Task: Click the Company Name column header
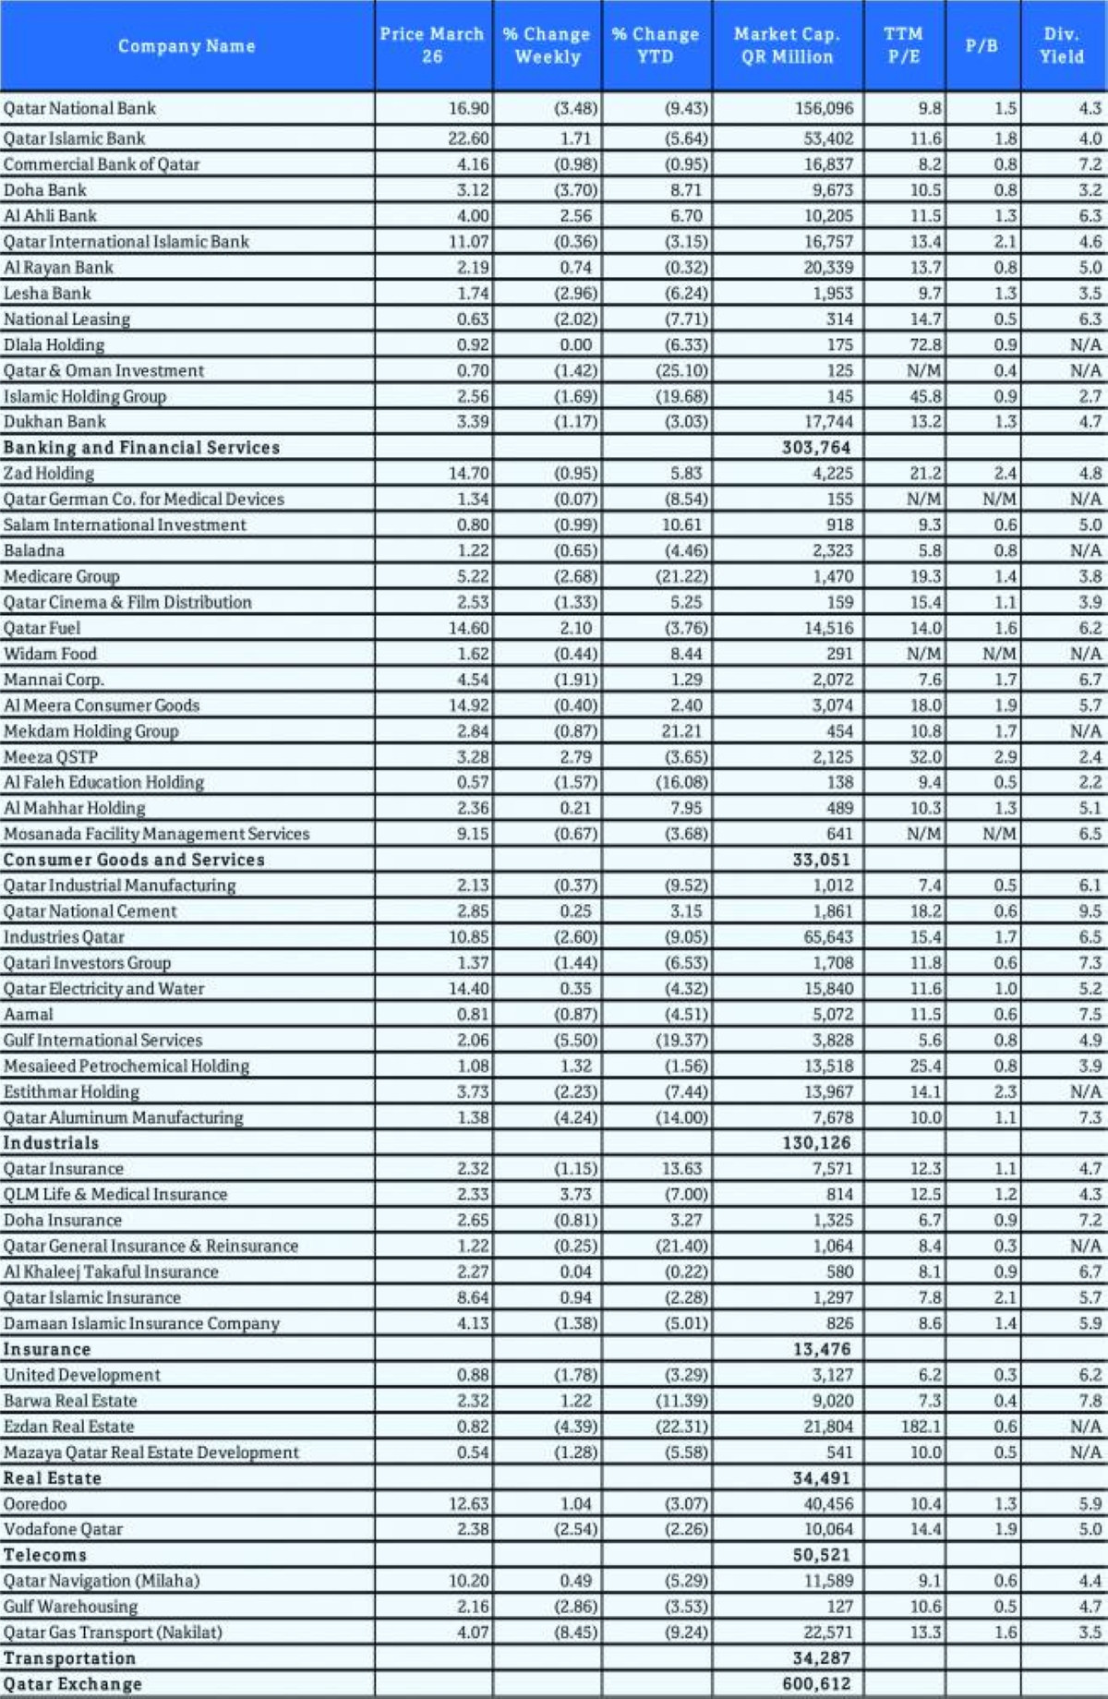coord(186,46)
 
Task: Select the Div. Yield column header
coord(1062,45)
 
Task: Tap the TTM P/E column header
coord(903,45)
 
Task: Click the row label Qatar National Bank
coord(80,109)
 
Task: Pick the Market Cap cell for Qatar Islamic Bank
coord(825,139)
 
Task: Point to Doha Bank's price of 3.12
coord(473,190)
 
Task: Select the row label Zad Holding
coord(49,474)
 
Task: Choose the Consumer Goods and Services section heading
coord(134,860)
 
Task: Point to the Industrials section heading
coord(51,1143)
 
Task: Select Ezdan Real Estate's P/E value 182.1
coord(921,1427)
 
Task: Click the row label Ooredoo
coord(35,1504)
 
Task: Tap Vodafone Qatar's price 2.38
coord(473,1529)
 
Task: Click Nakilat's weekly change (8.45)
coord(576,1633)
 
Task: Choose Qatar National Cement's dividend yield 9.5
coord(1090,911)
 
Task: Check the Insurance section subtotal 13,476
coord(822,1349)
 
